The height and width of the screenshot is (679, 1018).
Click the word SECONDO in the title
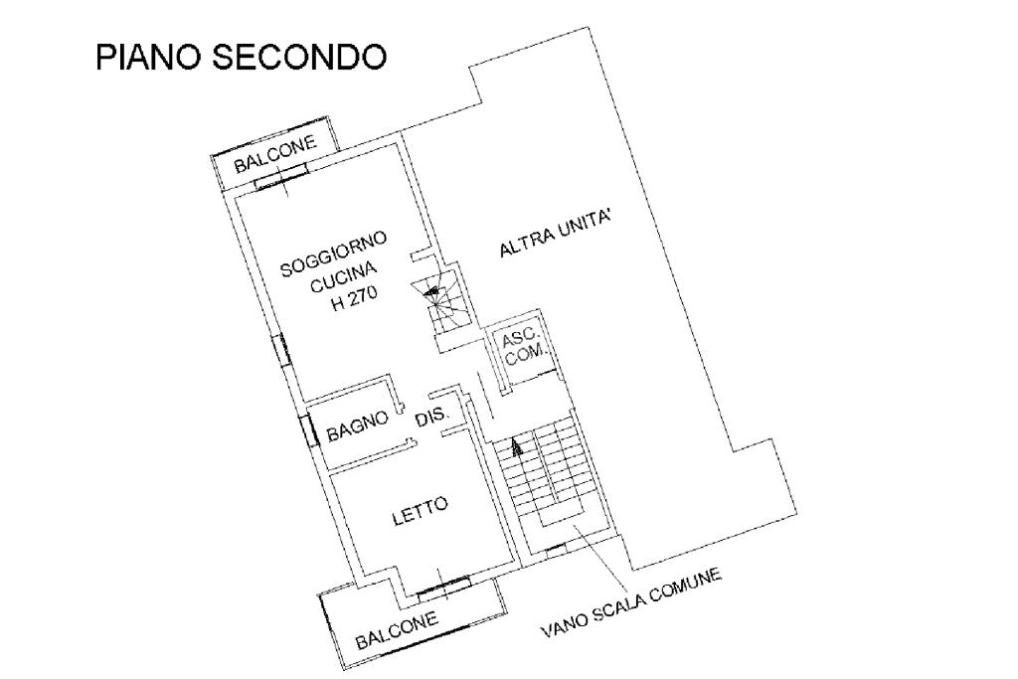pos(300,58)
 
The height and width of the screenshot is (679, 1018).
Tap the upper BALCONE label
pos(274,154)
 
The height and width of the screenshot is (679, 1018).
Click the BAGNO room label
pos(357,429)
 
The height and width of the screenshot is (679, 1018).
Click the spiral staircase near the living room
pos(438,295)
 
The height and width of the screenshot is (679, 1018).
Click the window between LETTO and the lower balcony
pos(443,588)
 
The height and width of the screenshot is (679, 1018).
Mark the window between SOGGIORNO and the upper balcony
pos(279,180)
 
